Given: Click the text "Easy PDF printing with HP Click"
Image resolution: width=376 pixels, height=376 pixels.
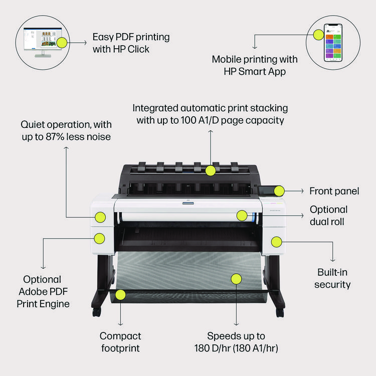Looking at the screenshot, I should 131,43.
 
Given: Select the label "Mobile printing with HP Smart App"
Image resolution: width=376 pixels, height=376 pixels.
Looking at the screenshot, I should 254,65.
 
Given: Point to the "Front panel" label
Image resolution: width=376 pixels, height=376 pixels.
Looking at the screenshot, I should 334,191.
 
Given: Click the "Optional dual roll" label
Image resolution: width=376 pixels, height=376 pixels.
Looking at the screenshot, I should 328,216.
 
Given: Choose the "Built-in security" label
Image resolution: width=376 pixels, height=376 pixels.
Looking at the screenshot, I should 332,278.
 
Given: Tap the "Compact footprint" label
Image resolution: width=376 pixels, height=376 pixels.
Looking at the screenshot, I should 120,342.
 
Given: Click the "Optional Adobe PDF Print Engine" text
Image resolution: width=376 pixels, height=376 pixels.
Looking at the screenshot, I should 43,291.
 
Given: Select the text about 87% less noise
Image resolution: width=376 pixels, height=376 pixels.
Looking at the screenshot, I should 66,130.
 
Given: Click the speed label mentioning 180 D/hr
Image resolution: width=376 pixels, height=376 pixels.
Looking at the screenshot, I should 237,342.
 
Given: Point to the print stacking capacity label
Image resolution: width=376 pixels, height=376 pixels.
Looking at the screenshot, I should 211,114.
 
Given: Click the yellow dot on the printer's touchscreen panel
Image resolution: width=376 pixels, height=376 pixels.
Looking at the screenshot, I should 279,191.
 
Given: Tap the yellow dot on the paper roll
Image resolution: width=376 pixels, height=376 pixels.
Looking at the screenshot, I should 242,216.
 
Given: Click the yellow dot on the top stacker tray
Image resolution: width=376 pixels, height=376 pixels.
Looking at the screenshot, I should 211,170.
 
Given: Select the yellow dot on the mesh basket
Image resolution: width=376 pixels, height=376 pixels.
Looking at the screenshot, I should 237,278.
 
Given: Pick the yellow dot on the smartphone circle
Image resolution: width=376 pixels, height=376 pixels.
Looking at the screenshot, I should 318,34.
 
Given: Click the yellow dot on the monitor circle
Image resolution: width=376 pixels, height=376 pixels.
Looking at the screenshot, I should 61,43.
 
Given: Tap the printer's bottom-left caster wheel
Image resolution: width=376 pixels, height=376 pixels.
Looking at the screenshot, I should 96,312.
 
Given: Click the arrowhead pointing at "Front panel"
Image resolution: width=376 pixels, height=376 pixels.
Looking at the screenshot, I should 302,191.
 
